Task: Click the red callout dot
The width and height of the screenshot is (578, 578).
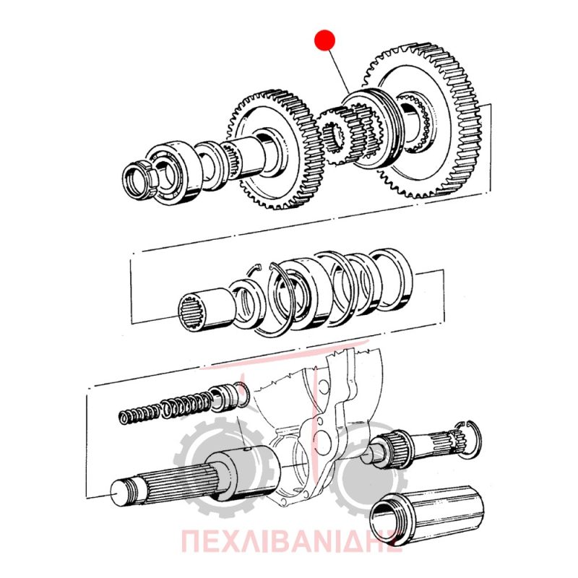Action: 324,40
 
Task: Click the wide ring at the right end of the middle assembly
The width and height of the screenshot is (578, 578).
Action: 392,277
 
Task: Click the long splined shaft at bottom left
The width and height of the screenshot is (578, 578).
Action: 191,475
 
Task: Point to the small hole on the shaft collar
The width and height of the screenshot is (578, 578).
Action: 247,449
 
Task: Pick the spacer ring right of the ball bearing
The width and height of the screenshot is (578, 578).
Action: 210,166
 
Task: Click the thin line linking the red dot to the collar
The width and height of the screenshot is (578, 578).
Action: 339,71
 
